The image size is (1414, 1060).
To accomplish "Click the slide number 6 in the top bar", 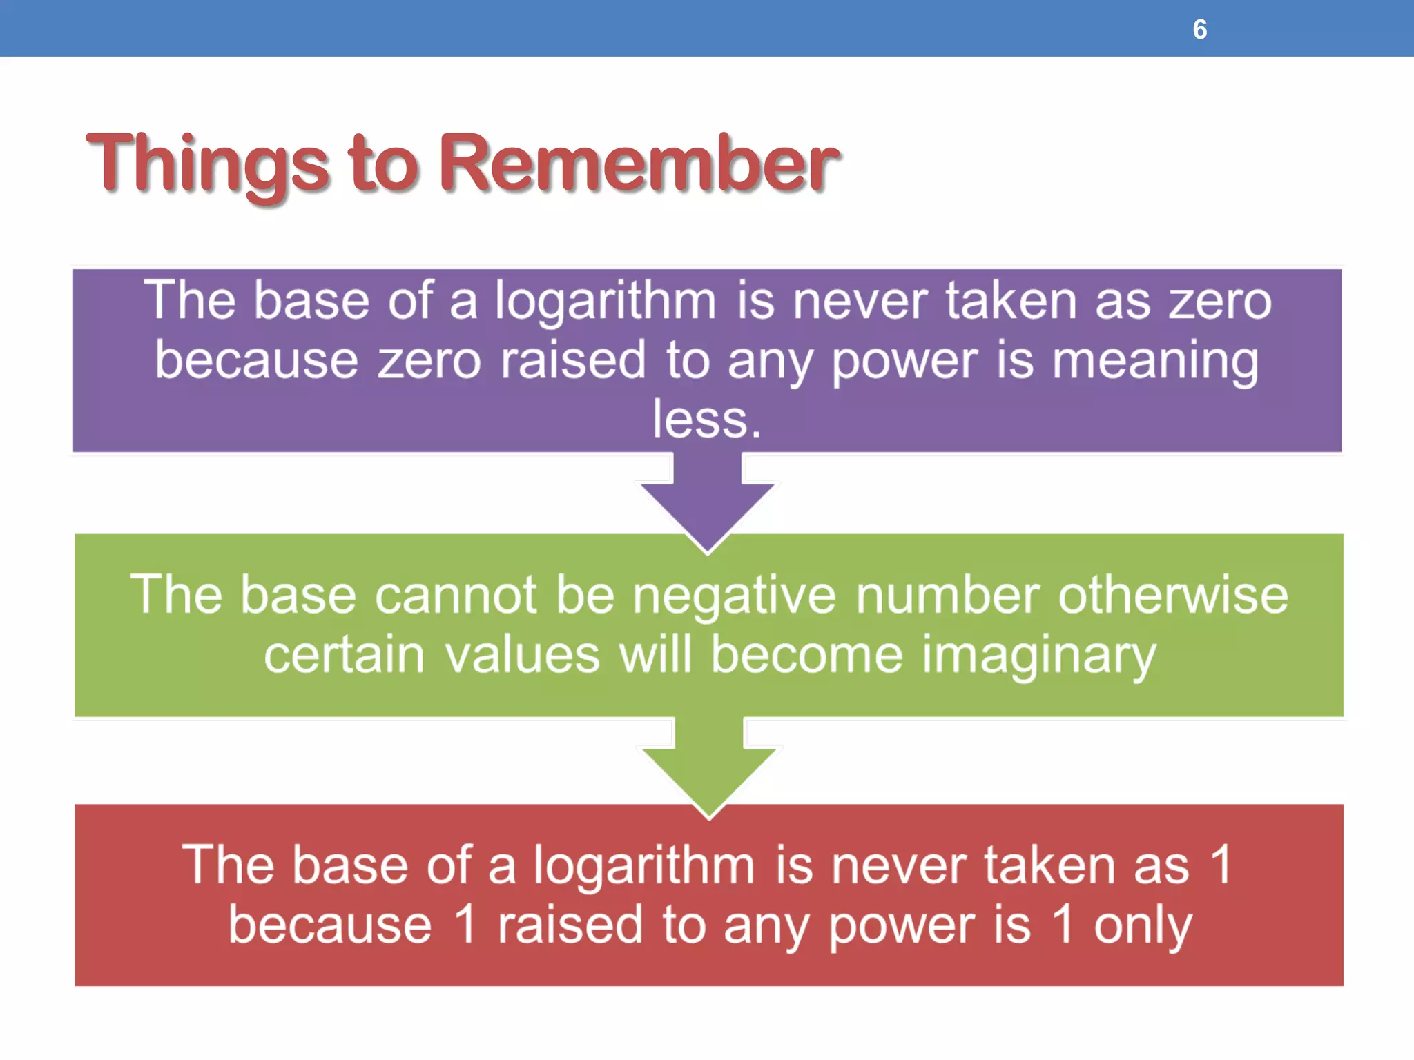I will (x=1199, y=30).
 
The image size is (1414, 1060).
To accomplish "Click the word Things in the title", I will (x=207, y=164).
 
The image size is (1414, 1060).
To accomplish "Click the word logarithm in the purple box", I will (x=606, y=302).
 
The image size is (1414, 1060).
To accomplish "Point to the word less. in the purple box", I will (x=707, y=420).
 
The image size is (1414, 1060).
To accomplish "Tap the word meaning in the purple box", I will (x=1155, y=362).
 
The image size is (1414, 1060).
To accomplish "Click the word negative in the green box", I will (x=733, y=595).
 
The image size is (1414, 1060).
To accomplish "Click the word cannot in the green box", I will (x=455, y=595).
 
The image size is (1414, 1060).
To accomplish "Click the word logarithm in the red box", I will (x=643, y=865).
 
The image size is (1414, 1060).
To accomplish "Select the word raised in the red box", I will (x=570, y=925).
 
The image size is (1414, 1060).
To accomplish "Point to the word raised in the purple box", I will (x=573, y=361).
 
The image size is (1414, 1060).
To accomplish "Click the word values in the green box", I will (x=522, y=655).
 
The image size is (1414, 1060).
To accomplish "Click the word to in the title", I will (x=383, y=164).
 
